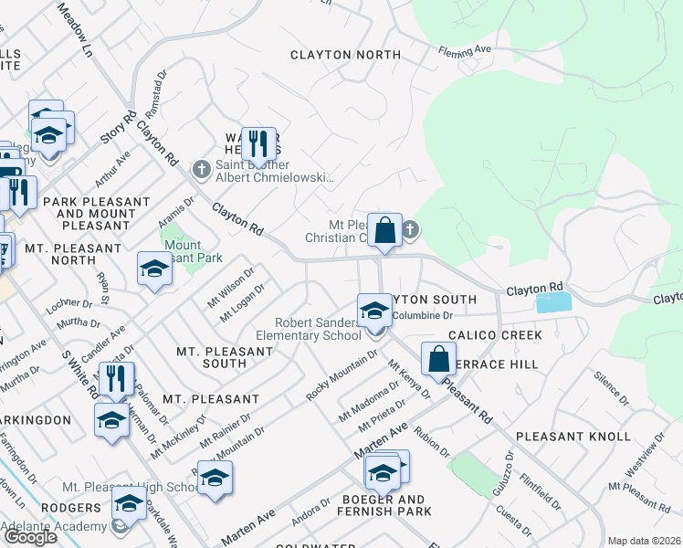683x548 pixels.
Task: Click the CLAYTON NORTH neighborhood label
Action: pos(345,55)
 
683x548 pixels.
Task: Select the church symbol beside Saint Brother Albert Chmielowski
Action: pos(202,169)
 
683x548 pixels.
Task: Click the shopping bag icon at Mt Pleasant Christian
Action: pos(385,230)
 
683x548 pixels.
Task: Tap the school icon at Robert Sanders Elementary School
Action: pos(373,311)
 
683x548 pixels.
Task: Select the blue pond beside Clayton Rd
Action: pos(553,303)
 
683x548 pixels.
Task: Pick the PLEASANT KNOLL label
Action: pos(573,437)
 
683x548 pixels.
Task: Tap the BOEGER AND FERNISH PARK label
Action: pos(384,506)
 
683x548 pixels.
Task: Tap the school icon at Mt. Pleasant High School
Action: pos(215,478)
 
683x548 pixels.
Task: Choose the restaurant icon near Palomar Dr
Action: pos(116,379)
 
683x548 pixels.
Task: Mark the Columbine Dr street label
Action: pos(423,315)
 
